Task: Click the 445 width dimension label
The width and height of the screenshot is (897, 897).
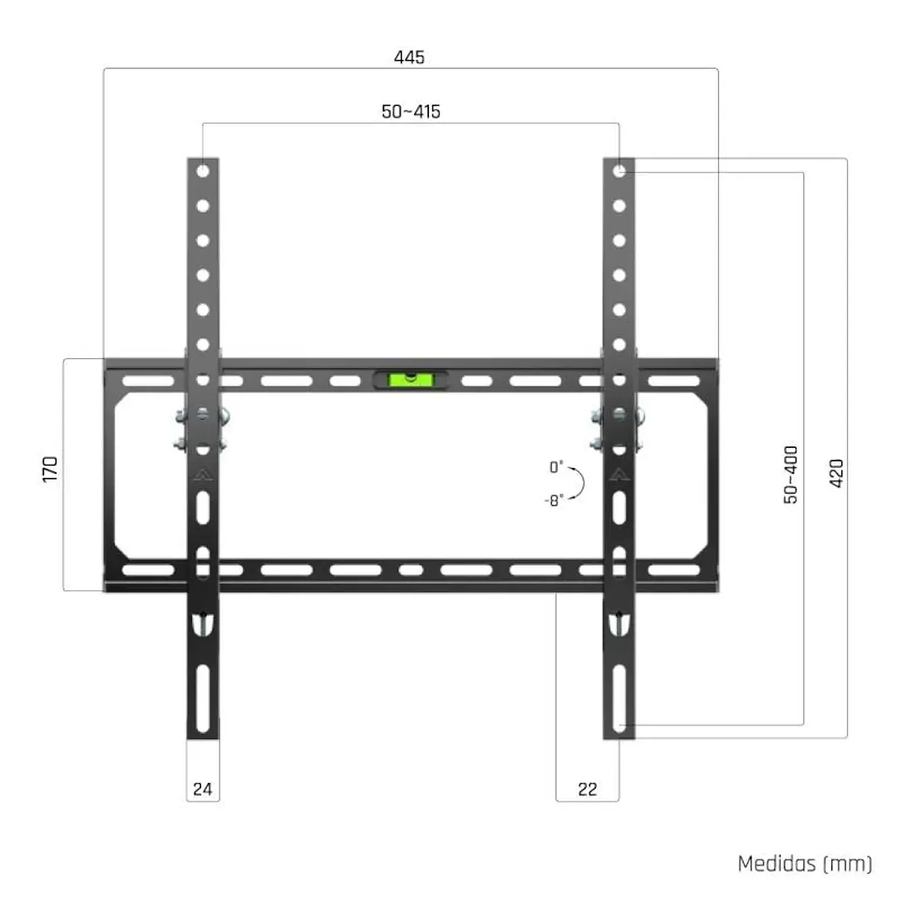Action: (x=409, y=57)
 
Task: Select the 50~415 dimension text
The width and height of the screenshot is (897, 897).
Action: (x=412, y=112)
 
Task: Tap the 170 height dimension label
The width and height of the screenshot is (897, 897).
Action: (x=51, y=470)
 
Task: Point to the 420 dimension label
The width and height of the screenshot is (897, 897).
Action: (x=836, y=474)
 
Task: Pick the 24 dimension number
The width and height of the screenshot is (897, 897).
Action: (x=203, y=790)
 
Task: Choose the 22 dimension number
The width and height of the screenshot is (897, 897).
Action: (x=587, y=790)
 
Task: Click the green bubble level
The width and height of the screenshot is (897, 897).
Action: (x=410, y=380)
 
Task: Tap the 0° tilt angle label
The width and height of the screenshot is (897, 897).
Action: (x=556, y=468)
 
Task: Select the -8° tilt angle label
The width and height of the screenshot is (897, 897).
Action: (x=554, y=500)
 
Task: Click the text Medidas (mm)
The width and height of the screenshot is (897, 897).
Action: (x=805, y=864)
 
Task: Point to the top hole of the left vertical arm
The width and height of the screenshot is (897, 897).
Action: (x=203, y=170)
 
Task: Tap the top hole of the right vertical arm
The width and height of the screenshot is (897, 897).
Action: (x=619, y=170)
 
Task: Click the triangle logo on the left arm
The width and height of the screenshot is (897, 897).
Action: (x=203, y=476)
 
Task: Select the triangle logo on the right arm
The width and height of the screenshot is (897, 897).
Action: (x=619, y=476)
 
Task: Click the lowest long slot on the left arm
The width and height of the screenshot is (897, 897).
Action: (x=203, y=688)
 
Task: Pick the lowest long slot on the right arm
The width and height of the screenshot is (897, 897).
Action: (x=619, y=688)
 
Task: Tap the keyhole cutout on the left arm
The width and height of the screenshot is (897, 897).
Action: (x=203, y=623)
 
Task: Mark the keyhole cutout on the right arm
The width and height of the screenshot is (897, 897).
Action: (x=619, y=623)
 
